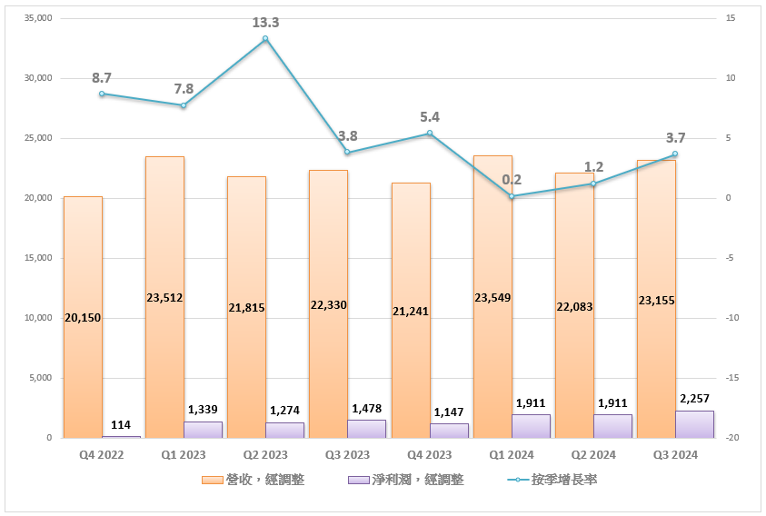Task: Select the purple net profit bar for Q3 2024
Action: [694, 424]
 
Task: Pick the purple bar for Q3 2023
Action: [366, 429]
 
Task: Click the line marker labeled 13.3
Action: [265, 39]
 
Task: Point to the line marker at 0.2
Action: [512, 196]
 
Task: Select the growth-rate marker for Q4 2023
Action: [430, 134]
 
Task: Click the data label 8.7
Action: [102, 78]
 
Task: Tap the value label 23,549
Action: [492, 297]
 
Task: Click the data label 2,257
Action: [694, 398]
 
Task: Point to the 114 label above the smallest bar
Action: [121, 424]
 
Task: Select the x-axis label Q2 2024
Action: [593, 454]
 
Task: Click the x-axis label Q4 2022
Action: [101, 454]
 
